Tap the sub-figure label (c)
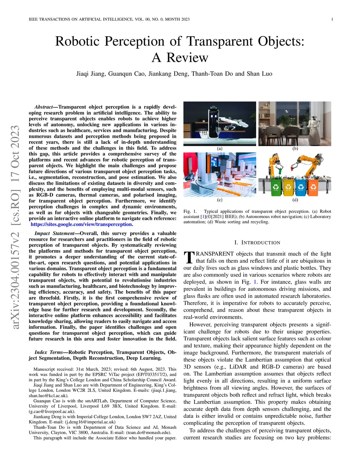tap(220, 200)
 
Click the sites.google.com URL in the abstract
tap(81, 224)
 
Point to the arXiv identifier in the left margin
tap(15, 227)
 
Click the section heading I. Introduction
tap(257, 243)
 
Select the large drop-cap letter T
tap(189, 257)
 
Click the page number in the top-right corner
tap(332, 19)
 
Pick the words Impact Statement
tap(54, 234)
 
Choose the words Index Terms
tap(49, 352)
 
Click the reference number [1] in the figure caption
tap(203, 217)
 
